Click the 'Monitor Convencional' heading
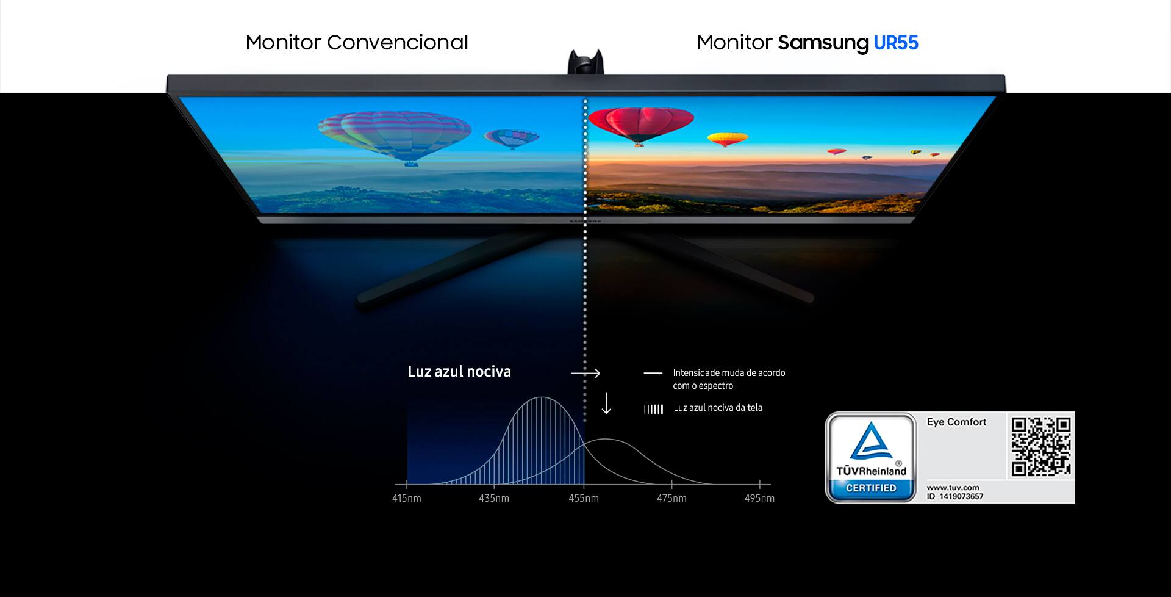[x=357, y=43]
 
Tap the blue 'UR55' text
[x=896, y=43]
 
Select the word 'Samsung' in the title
[x=823, y=43]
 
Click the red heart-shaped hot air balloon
[x=641, y=124]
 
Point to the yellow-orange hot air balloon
[x=728, y=139]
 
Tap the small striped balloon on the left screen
[x=511, y=139]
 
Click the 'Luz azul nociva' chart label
[x=459, y=371]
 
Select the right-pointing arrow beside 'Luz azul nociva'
[x=585, y=373]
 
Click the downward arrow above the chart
[x=606, y=403]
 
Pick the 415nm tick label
[x=406, y=498]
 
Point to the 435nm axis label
[x=494, y=498]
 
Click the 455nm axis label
[x=584, y=498]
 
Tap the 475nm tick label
[x=671, y=498]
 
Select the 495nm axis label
[x=759, y=498]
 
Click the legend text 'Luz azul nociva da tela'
[x=718, y=408]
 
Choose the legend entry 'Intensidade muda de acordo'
[x=729, y=372]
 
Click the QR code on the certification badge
[x=1041, y=446]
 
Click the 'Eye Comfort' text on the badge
[x=956, y=422]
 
